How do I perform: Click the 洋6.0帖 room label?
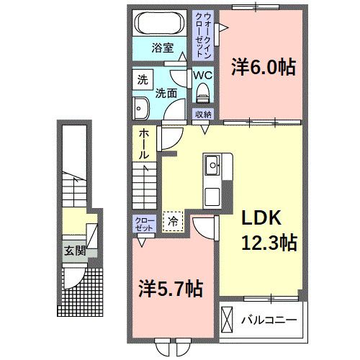coord(263,68)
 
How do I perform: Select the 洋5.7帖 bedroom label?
coord(170,289)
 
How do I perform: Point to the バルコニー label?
coord(269,318)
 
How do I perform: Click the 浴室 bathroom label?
coord(162,48)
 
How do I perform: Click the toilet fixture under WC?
coord(202,91)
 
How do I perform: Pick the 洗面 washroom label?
coord(167,92)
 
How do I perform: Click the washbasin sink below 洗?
coord(139,109)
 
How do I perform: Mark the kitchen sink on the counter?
coord(213,166)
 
